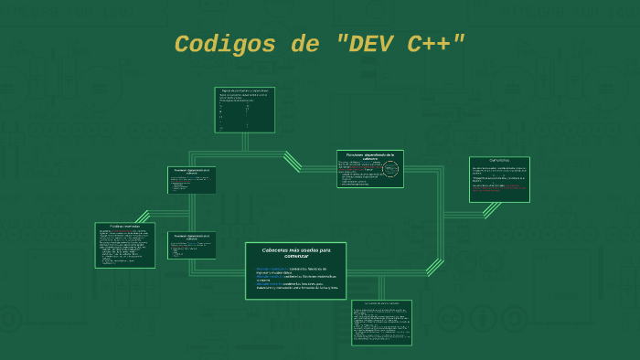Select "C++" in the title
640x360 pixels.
click(x=436, y=44)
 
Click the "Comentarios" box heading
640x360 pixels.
click(x=499, y=161)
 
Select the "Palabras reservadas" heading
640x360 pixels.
click(x=124, y=227)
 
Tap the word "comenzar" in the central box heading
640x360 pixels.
click(x=295, y=256)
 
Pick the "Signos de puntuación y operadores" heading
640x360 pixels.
click(x=244, y=91)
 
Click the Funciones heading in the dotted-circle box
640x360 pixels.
click(x=369, y=156)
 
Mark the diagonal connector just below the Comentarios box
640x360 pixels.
click(x=492, y=209)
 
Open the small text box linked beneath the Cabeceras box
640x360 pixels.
click(x=381, y=322)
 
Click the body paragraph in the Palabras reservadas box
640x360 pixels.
click(x=123, y=247)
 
